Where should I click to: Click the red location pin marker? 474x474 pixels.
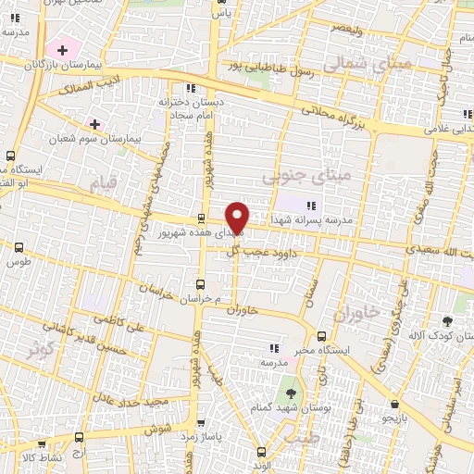point(238,217)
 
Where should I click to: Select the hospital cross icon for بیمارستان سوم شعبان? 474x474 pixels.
point(94,123)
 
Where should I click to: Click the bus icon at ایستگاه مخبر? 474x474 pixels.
point(321,336)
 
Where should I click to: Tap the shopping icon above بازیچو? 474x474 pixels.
point(395,405)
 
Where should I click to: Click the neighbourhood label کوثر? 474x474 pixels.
point(41,350)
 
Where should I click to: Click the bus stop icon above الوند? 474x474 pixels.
point(261,452)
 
